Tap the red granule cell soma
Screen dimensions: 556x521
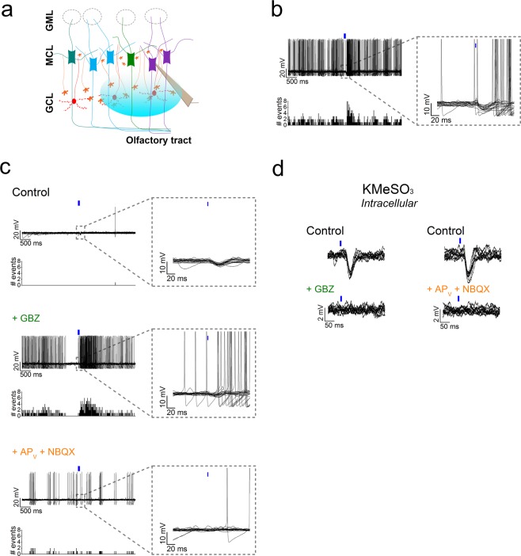pos(74,101)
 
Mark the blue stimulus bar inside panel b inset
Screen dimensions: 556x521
pos(475,46)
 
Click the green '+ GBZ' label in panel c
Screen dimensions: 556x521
pos(29,318)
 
